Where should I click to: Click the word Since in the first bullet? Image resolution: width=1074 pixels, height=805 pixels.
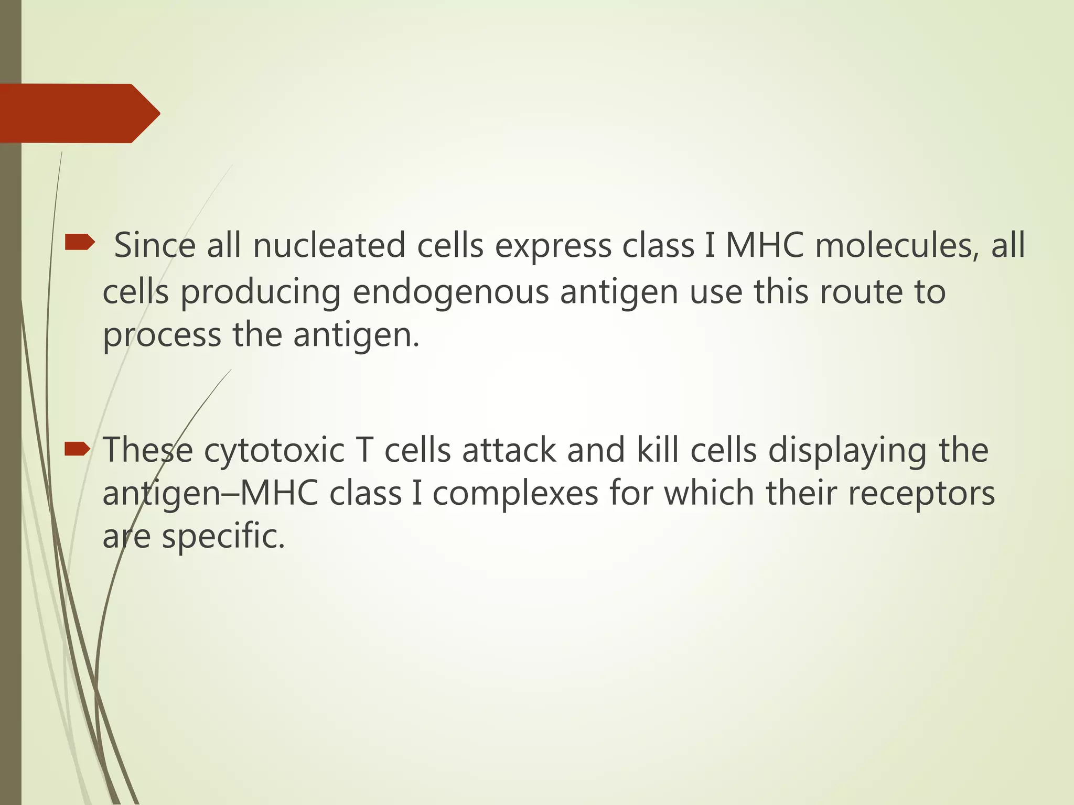click(x=155, y=245)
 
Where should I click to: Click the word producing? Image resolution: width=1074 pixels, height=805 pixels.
click(x=261, y=292)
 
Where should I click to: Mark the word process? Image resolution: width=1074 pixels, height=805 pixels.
click(x=162, y=335)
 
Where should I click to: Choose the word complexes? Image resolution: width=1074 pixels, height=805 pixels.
click(x=515, y=494)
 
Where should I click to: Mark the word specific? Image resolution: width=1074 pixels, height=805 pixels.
click(x=223, y=537)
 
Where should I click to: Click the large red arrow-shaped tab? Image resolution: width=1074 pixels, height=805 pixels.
click(x=79, y=113)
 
